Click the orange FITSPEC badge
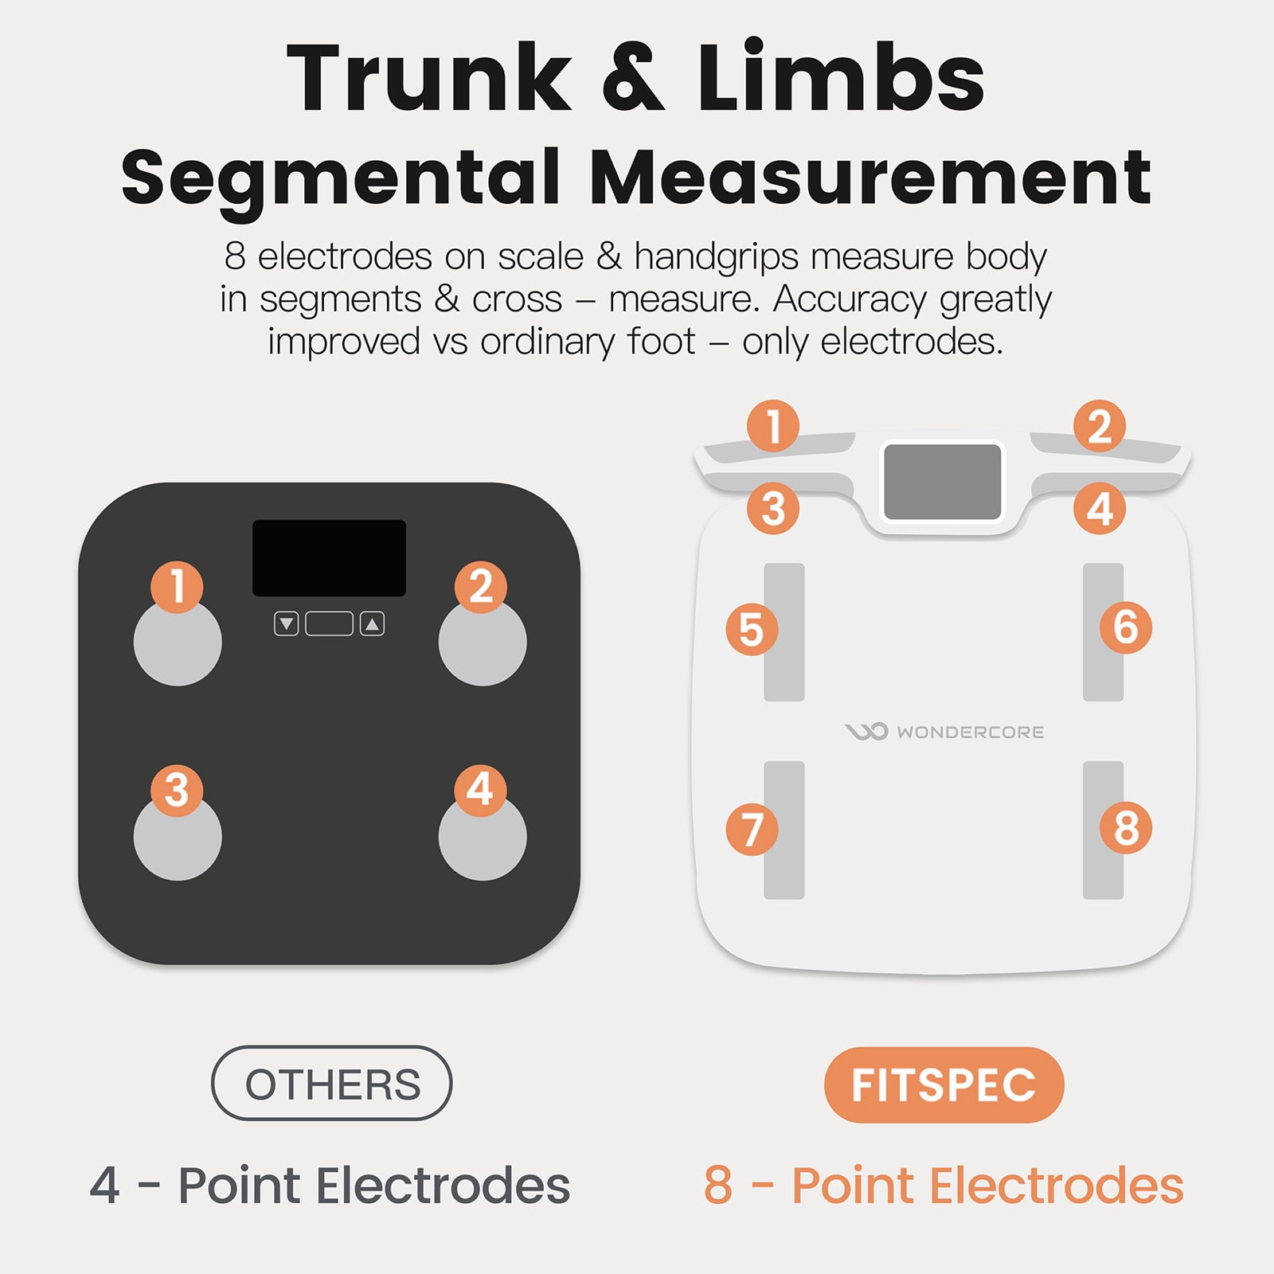(x=944, y=1084)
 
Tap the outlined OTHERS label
(x=331, y=1083)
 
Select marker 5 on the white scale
(x=752, y=629)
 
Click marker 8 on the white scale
(x=1125, y=828)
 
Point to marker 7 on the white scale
(x=752, y=829)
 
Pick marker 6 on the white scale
(x=1125, y=627)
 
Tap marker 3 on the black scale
(x=177, y=790)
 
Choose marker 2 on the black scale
(x=480, y=587)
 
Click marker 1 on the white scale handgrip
(x=773, y=426)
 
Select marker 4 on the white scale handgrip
(x=1100, y=509)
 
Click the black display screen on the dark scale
(x=329, y=558)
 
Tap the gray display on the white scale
(x=943, y=482)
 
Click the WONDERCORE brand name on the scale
(x=970, y=732)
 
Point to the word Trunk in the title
(x=429, y=77)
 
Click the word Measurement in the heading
(x=870, y=177)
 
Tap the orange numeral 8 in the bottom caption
(x=718, y=1185)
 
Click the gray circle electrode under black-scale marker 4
(x=483, y=837)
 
